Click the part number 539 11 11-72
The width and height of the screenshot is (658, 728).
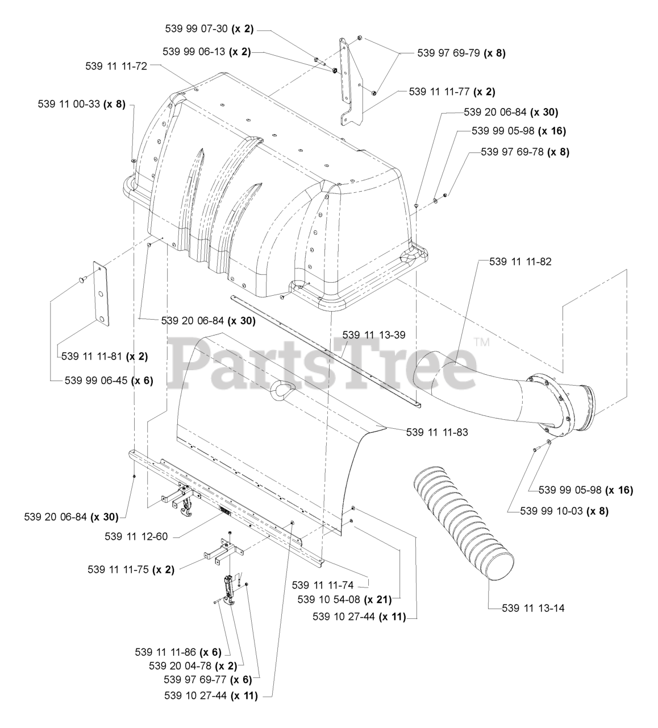[x=116, y=66]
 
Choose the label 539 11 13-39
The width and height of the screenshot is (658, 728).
[x=374, y=334]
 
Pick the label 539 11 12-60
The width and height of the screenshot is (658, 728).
[x=136, y=536]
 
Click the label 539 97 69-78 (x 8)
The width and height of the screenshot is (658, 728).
[x=525, y=152]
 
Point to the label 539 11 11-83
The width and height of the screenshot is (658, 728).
[x=437, y=432]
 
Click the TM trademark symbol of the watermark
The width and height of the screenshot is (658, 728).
[x=481, y=343]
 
